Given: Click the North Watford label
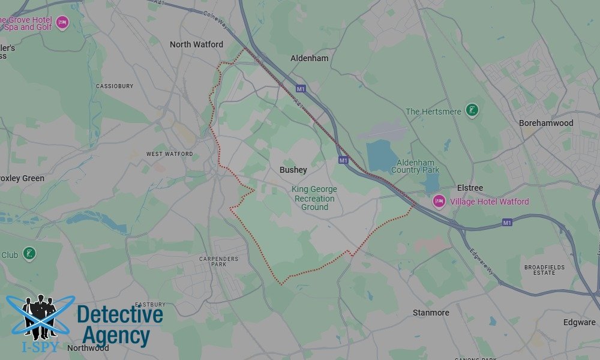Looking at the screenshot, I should point(196,44).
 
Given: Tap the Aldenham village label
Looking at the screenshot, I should point(309,58).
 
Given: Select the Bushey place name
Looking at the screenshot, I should point(293,170).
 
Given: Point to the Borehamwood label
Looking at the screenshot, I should point(545,123).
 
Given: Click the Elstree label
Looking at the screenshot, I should point(470,188).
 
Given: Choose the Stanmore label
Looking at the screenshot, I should point(431,313).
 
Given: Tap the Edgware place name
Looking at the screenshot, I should point(579,322).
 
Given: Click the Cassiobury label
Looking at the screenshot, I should point(115,86).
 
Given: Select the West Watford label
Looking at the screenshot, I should point(170,154).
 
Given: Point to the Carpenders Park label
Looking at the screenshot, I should point(218,262).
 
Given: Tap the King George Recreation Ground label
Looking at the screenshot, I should point(314,198).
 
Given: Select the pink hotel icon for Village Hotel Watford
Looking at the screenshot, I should point(439,201).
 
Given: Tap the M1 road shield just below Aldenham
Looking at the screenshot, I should point(301,89).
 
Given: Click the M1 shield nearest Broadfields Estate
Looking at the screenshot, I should point(508,223).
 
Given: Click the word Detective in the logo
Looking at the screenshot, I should point(120,315).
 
